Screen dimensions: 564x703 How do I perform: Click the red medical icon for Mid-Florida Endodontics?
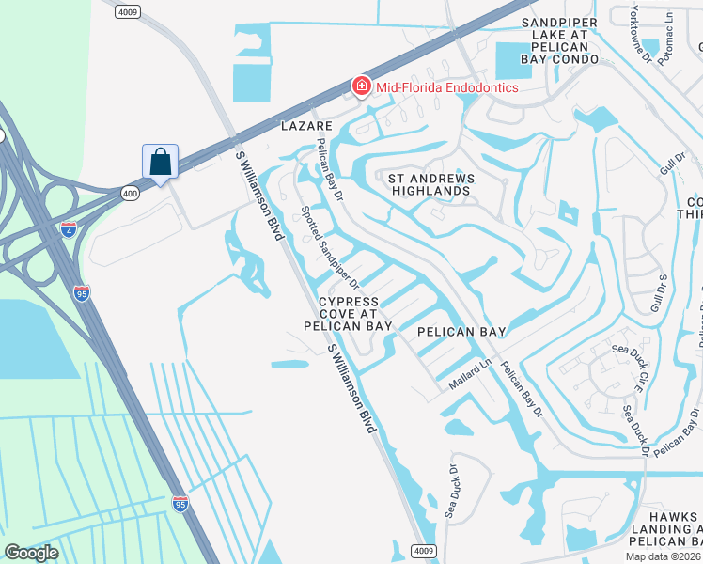361,87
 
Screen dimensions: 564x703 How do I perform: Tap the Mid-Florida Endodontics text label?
447,87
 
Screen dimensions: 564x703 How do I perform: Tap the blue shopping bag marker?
161,162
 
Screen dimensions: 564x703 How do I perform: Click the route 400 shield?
130,193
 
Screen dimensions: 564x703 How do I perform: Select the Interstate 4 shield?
69,227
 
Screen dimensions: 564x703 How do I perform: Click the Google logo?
31,553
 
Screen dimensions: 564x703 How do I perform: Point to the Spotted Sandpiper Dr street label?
329,247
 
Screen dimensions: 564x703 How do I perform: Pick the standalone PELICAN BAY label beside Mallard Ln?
461,332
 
